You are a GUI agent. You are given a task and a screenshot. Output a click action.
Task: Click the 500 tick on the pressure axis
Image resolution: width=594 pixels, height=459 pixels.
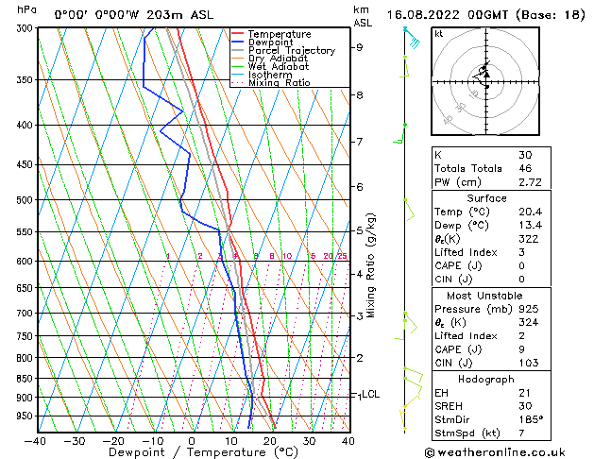pos(25,200)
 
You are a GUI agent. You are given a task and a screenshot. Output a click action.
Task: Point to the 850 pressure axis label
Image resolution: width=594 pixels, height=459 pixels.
pos(25,379)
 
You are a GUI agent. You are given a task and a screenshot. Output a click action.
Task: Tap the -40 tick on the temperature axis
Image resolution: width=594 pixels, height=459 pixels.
pos(36,440)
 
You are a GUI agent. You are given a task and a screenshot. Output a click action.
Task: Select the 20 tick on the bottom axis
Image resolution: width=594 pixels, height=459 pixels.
pos(269,440)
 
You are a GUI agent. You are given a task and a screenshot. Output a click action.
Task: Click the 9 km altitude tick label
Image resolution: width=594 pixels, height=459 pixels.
pos(360,47)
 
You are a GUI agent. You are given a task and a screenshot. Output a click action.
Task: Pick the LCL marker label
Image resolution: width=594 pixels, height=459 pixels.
pos(370,395)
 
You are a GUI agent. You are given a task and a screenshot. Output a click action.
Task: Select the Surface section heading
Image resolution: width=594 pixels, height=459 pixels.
pos(486,199)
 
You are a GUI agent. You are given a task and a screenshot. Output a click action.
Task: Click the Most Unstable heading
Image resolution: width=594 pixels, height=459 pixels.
pos(486,296)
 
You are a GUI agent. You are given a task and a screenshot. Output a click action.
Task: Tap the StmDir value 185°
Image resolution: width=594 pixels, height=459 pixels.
pos(531,420)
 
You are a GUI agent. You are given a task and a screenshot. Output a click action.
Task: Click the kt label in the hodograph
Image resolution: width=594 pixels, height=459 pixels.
pos(439,34)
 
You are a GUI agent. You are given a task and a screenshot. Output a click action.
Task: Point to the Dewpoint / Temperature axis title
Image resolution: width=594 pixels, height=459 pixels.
pos(192,452)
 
